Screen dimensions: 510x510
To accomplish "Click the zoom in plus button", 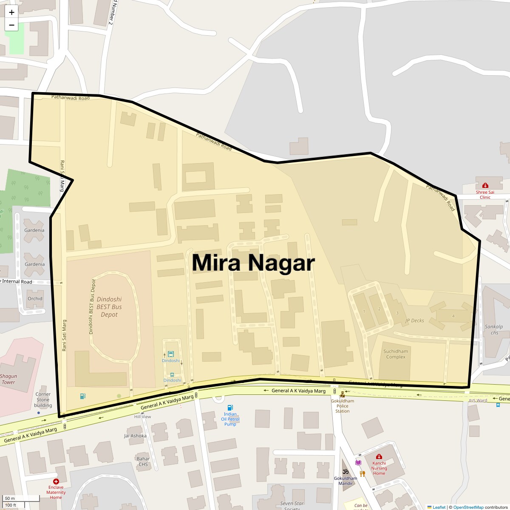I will coord(11,12).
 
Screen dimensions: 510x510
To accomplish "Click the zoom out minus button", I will coord(11,25).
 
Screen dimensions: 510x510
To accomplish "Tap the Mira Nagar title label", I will coord(253,262).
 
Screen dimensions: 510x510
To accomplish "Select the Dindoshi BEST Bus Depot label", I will coord(109,306).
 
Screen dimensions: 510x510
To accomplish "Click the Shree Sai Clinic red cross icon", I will coord(485,185).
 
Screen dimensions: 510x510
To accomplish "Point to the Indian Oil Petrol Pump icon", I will coord(230,408).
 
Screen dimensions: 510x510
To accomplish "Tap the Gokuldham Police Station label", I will coord(342,406).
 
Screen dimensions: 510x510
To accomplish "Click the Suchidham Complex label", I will coord(396,354).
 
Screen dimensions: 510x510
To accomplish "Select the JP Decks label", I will coord(414,320).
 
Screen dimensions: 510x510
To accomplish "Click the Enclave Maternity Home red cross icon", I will coord(56,482).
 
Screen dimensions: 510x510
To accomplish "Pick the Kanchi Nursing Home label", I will coord(379,468).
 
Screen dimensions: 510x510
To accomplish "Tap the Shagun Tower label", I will coord(8,379).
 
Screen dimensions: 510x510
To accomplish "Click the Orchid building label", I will coord(35,298).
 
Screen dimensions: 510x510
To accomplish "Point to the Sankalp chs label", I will coord(494,329).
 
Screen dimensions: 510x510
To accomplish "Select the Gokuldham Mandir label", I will coord(346,481).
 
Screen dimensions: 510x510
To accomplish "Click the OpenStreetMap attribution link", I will coord(468,507).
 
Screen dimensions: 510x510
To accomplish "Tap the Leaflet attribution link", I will coord(439,507).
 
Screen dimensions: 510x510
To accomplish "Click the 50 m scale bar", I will coord(10,499).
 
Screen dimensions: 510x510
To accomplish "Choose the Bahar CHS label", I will coord(143,461).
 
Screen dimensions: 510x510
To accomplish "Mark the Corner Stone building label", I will coord(43,399).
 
